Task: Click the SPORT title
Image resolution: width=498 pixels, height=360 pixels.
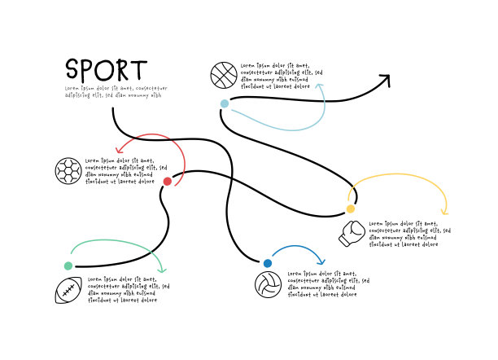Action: pos(107,69)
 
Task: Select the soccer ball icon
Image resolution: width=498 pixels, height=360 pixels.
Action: pos(68,170)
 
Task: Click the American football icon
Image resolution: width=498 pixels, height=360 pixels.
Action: pos(68,290)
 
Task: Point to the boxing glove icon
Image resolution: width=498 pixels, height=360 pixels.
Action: pos(351,234)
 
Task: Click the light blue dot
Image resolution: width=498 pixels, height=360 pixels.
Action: pos(225,103)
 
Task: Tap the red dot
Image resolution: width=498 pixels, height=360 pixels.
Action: pos(167,182)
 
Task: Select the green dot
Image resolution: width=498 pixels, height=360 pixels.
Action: pos(68,266)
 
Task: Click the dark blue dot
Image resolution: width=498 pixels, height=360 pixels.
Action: pos(267,262)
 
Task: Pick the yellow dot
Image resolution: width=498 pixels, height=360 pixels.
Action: pos(351,209)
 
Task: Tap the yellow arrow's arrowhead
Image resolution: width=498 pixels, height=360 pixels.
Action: pos(444,213)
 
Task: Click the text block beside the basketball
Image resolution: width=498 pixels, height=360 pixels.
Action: pos(275,75)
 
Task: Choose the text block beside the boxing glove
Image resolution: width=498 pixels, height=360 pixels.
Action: pos(408,234)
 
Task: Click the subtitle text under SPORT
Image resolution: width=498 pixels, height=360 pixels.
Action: pos(116,91)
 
